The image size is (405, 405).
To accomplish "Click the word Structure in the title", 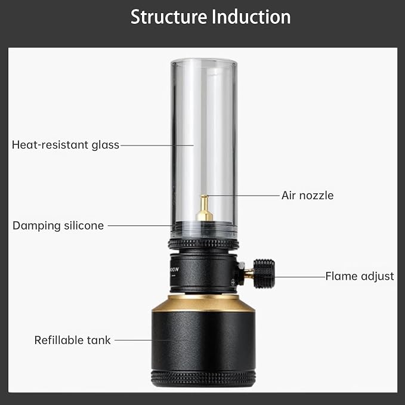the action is click(169, 17).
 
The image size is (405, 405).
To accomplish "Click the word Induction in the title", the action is click(251, 17).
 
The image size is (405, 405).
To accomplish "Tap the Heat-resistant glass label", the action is click(66, 145).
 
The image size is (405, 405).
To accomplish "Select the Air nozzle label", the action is click(307, 196).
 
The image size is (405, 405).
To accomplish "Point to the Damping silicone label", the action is click(58, 225).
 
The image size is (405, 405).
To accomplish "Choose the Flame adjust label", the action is click(360, 276).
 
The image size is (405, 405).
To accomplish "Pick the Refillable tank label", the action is click(73, 340).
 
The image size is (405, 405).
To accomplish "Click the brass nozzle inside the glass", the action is click(205, 208).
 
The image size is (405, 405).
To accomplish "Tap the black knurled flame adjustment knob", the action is click(264, 274).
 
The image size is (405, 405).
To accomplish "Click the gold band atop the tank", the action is click(203, 304).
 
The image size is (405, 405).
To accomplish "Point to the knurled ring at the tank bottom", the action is click(203, 378).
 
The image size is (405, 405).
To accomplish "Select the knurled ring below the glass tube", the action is click(203, 244).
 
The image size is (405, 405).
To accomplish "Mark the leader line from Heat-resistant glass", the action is click(157, 146).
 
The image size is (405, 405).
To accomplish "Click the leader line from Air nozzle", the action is click(243, 196).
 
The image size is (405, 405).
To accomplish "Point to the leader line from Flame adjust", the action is click(299, 277).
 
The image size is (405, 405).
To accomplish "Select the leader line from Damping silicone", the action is click(140, 225).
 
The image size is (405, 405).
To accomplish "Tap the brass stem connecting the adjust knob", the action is click(249, 274).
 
